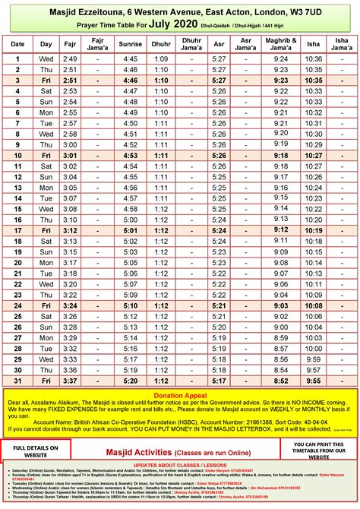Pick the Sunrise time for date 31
tap(131, 379)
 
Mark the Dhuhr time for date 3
tap(160, 80)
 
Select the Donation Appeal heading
tap(179, 396)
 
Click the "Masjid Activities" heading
tap(180, 450)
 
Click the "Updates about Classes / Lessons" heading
tap(180, 463)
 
